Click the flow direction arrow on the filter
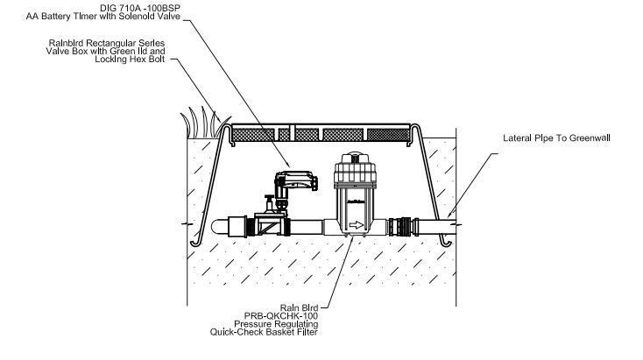point(357,224)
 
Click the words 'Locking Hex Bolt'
point(139,60)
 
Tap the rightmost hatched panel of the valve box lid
point(388,134)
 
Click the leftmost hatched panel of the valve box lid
point(258,134)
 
